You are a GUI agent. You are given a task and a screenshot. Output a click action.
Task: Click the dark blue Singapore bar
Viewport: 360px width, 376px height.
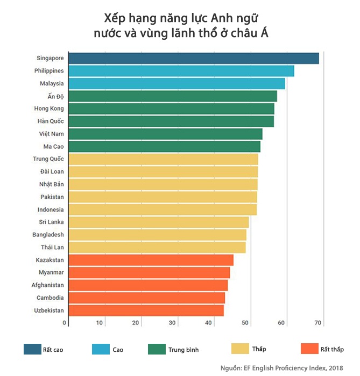194,58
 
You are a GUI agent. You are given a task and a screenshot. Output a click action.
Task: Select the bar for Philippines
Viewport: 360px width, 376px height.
181,71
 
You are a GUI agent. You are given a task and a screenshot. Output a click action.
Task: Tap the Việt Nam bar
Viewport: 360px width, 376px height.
166,134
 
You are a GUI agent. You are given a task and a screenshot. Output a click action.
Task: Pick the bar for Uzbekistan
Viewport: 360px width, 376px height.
146,310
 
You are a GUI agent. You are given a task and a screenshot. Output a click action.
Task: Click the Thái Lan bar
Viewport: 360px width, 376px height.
157,248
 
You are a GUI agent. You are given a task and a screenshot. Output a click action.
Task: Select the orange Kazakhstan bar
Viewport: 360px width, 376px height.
151,260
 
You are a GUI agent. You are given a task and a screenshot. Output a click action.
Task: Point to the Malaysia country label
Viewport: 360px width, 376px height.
52,83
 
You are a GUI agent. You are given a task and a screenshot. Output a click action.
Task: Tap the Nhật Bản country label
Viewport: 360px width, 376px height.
51,184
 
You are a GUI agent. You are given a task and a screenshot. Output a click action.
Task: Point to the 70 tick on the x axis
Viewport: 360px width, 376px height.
318,323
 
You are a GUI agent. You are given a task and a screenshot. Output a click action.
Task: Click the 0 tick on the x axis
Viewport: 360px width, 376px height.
65,323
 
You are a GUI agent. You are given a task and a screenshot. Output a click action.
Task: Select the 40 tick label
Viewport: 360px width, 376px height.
209,323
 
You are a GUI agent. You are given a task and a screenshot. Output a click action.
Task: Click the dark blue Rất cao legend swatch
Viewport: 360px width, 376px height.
32,349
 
